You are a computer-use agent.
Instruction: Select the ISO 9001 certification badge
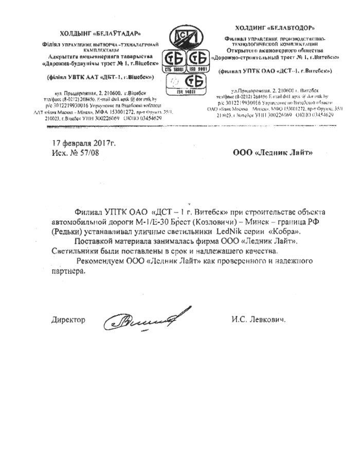pyautogui.click(x=199, y=60)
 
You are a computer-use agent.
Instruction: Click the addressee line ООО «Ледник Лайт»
pyautogui.click(x=272, y=152)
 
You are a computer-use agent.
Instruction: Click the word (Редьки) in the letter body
pyautogui.click(x=67, y=232)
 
